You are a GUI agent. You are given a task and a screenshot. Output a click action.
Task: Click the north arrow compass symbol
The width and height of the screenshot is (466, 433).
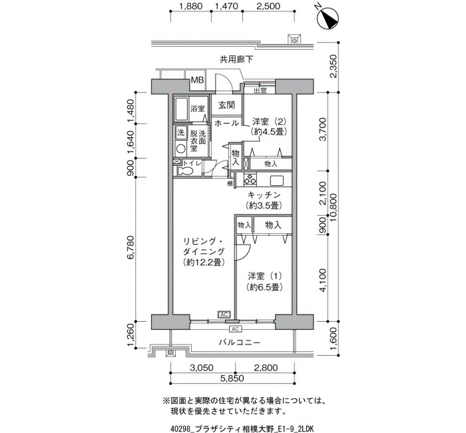(328, 18)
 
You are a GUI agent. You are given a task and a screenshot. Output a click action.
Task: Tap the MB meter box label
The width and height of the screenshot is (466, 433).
(197, 80)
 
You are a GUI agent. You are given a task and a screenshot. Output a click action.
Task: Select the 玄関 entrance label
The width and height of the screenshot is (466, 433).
(226, 105)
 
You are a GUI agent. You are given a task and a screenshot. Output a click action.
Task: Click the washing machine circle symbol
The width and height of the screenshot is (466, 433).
(181, 148)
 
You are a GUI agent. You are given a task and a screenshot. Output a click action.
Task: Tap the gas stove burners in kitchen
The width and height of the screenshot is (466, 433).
(250, 179)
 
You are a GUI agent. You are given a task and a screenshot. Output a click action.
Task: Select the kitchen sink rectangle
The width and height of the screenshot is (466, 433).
(277, 180)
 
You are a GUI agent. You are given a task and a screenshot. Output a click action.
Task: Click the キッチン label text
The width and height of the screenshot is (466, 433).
(264, 195)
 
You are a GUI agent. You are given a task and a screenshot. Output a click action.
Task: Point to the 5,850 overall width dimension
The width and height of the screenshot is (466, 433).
(232, 378)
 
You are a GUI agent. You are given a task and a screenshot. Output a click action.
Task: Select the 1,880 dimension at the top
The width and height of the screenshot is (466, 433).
(191, 6)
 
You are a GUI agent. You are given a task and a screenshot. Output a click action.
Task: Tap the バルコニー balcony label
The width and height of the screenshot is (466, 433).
(240, 342)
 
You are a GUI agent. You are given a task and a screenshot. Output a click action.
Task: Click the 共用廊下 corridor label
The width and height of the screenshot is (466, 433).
(236, 59)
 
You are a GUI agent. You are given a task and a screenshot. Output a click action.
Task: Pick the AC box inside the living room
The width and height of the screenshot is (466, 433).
(224, 314)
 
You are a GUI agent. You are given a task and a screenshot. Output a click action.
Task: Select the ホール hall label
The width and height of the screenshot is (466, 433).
(226, 123)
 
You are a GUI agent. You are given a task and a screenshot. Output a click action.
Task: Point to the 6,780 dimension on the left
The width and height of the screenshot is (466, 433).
(131, 248)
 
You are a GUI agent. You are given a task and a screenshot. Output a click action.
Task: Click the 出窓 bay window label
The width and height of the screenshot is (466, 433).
(260, 91)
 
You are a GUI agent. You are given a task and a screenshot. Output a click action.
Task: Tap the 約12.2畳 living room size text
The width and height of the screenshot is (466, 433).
(204, 262)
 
